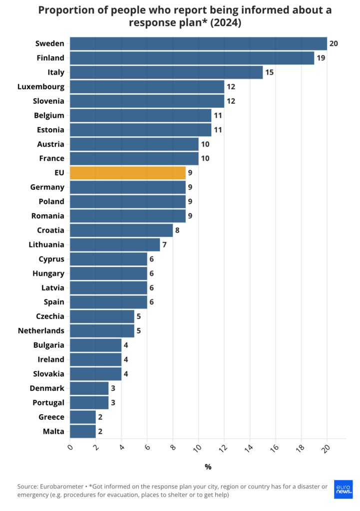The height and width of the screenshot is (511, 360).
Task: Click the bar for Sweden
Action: click(198, 44)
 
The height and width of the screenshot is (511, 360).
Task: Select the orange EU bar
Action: click(127, 173)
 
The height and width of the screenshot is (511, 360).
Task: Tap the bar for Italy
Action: click(166, 72)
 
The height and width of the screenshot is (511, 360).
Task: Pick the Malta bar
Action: click(83, 432)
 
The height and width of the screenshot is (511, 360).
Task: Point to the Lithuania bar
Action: click(115, 245)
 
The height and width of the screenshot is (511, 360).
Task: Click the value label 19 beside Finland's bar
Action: click(321, 58)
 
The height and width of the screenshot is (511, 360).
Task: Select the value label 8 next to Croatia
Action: click(178, 231)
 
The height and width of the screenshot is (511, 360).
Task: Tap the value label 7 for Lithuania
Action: click(165, 245)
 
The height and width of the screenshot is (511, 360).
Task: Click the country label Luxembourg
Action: click(41, 87)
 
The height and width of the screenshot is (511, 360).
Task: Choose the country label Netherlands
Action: click(41, 331)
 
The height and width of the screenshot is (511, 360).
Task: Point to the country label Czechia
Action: click(50, 316)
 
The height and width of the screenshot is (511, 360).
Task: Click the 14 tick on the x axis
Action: click(250, 448)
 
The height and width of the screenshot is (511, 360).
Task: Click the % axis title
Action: click(208, 467)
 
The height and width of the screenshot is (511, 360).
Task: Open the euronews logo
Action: click(343, 489)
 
